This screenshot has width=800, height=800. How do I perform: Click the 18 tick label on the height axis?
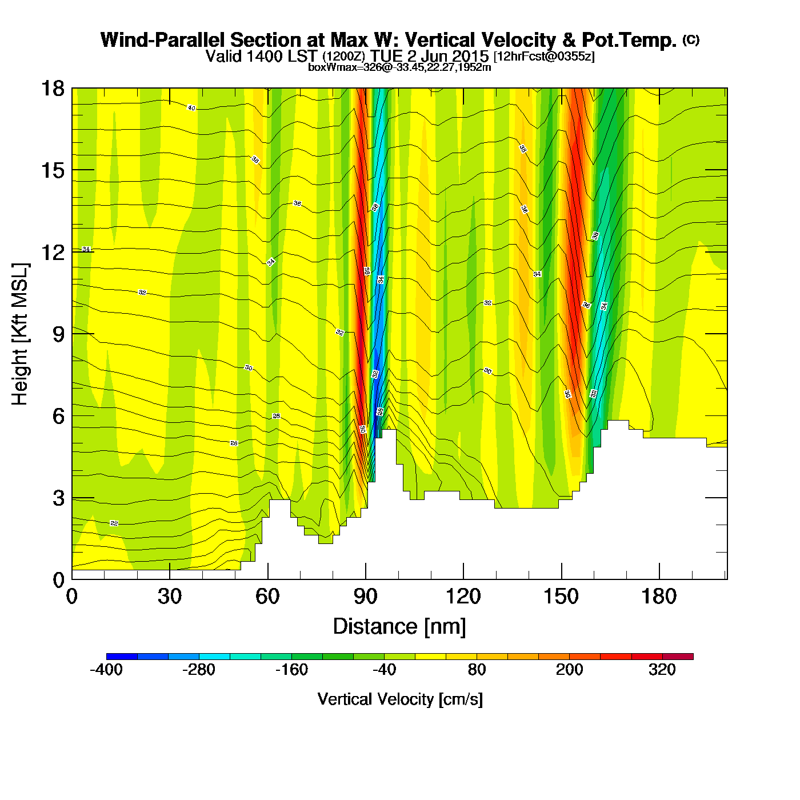(52, 89)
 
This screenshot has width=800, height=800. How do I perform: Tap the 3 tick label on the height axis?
(58, 498)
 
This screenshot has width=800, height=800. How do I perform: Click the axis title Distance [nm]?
(399, 627)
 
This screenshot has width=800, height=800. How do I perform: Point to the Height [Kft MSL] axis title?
(20, 334)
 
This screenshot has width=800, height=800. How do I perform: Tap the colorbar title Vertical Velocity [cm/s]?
(400, 699)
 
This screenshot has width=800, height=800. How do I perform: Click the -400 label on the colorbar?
(106, 670)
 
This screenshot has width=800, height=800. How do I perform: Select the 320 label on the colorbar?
(662, 670)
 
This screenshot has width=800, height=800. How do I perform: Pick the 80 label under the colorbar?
(477, 670)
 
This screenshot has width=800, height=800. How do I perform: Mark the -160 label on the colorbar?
(291, 670)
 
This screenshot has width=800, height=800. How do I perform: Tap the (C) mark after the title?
(690, 39)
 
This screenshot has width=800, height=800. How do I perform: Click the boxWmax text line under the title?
(399, 67)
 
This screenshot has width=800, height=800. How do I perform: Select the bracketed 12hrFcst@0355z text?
(544, 57)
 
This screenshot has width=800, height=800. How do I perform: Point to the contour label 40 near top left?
(191, 108)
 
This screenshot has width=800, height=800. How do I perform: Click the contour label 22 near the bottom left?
(114, 523)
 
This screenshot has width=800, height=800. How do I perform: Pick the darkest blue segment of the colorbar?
(122, 657)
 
